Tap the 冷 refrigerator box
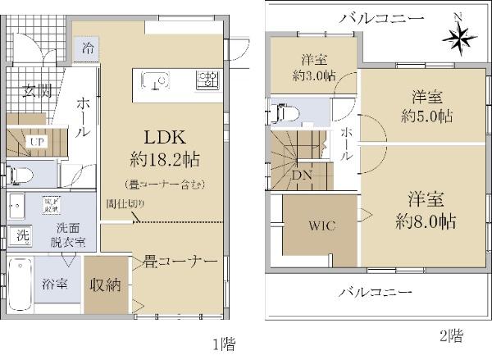[x=88, y=49]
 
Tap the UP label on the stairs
[x=36, y=140]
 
